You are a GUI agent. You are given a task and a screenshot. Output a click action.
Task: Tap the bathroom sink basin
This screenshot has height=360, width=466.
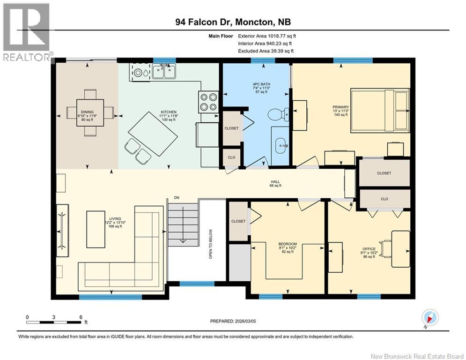click(281, 145)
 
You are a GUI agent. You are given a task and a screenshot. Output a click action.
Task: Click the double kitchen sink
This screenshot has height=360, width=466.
click(163, 72)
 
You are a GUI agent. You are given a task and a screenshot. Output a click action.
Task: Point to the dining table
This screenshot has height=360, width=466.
click(90, 112)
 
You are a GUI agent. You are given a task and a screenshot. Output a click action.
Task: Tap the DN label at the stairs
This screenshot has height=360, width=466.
click(177, 197)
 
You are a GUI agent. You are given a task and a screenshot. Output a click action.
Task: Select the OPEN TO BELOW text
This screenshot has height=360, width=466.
click(211, 244)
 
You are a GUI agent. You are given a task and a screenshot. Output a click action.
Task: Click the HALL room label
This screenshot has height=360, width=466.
click(275, 182)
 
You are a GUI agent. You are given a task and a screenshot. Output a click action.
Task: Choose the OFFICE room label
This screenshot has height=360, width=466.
click(369, 249)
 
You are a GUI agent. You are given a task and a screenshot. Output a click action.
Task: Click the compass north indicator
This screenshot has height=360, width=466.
click(429, 317)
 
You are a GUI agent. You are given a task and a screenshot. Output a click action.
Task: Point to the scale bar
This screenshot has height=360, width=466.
click(54, 322)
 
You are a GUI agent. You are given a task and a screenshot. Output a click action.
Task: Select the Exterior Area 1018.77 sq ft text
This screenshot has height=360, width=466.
click(267, 36)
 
